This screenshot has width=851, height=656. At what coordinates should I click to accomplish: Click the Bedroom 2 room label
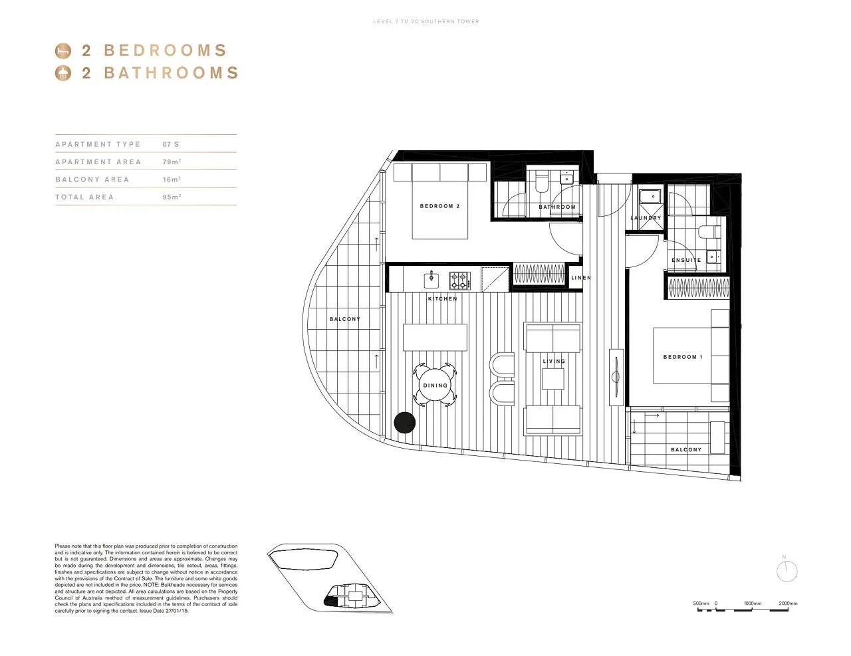pos(439,206)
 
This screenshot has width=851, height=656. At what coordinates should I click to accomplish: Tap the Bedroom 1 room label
pos(682,357)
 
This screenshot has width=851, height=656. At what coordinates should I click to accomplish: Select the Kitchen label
pos(442,299)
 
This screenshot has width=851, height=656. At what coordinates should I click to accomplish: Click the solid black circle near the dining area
pos(404,423)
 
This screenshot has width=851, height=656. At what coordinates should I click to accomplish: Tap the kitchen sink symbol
pos(431,279)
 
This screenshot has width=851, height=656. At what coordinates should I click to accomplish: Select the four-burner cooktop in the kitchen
pos(459,280)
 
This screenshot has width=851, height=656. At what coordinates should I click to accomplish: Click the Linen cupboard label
pos(580,278)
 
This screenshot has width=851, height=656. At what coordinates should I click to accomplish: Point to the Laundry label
pos(646,218)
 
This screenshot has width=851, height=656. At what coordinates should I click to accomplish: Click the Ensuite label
pos(686,261)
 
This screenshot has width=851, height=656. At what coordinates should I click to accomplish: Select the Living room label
pos(554,362)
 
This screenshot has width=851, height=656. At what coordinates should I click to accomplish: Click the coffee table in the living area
pos(552,379)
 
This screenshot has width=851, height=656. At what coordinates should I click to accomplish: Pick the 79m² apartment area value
pos(172,162)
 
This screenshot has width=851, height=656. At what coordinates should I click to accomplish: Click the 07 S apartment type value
pos(171,144)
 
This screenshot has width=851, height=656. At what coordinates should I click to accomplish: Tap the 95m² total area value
pos(172,197)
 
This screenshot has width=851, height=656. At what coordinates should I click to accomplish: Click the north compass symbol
pos(787,570)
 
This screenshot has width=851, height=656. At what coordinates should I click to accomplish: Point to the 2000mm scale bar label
pos(788,603)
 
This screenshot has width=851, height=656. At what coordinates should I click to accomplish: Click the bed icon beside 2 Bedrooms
pos(62,51)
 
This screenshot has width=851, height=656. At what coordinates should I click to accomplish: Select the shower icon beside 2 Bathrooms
pos(62,73)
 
